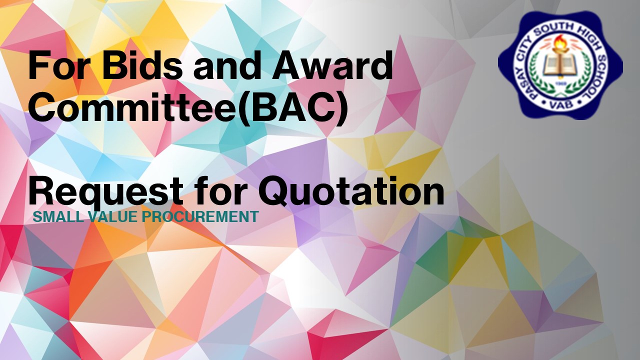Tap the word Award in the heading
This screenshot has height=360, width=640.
point(333,65)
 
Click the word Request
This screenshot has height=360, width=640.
point(105,192)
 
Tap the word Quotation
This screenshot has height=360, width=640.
point(351,191)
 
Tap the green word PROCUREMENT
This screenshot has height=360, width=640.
point(200,217)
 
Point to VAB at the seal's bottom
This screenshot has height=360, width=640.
point(561,104)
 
